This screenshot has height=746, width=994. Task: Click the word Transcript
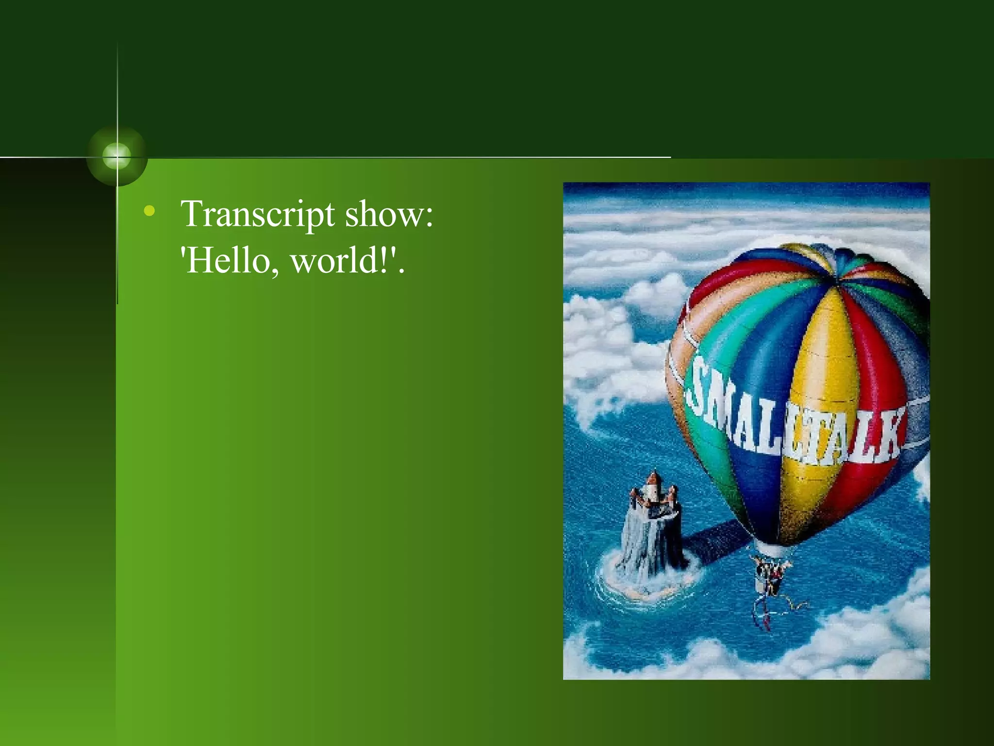(x=257, y=214)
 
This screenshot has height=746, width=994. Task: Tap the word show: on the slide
(x=388, y=214)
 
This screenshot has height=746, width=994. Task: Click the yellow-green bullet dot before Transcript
(x=150, y=211)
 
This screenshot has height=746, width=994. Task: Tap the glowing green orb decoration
(x=117, y=156)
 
